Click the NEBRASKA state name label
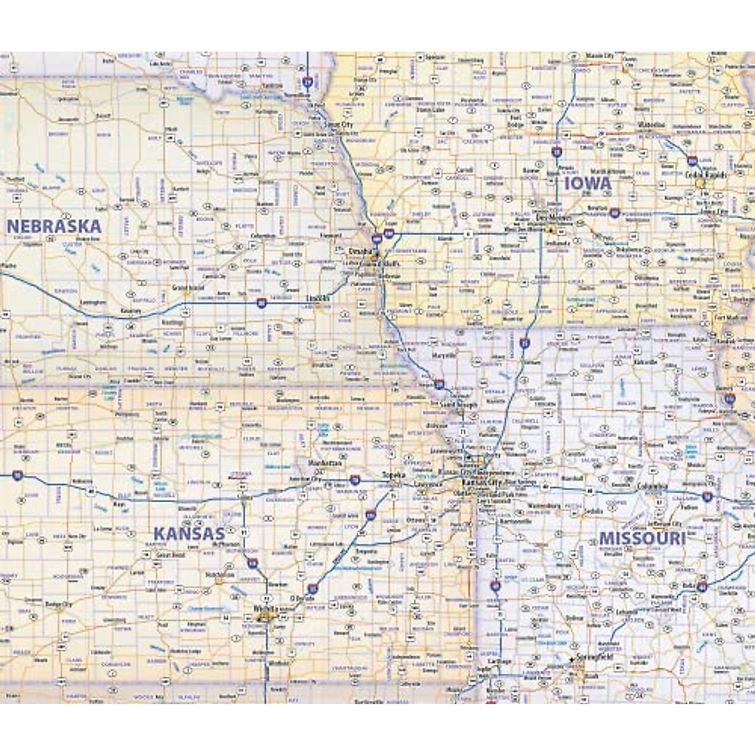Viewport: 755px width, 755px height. pos(53,226)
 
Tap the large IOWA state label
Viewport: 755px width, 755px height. pos(588,184)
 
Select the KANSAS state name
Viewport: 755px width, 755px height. pos(189,534)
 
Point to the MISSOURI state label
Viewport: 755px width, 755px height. pos(642,539)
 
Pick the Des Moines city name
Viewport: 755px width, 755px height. pos(549,218)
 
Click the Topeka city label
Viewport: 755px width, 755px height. pos(394,475)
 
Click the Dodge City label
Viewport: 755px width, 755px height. pos(59,604)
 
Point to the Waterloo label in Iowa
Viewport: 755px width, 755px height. pos(651,125)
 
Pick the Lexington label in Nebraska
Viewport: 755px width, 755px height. pos(94,303)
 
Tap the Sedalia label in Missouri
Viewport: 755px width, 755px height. pos(593,512)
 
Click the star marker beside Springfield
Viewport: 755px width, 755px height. pos(571,659)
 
